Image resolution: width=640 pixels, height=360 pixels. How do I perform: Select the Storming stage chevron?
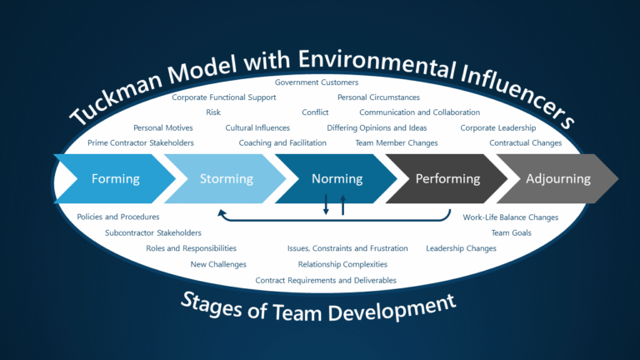(226, 178)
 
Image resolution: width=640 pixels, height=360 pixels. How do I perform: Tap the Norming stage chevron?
(337, 178)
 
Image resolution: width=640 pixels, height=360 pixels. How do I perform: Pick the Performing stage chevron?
(447, 178)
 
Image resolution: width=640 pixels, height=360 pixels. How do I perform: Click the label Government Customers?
(317, 82)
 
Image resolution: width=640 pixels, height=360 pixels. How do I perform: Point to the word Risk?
(213, 112)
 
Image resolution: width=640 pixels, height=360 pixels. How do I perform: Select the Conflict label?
(316, 112)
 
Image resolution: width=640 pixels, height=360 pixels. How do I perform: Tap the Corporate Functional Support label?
(223, 97)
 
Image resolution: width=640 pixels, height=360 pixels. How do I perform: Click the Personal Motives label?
(163, 127)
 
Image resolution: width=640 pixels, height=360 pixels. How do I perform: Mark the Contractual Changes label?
(525, 142)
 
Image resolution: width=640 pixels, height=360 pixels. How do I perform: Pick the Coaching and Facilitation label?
(282, 142)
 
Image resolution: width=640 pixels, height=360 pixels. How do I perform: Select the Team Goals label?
(511, 232)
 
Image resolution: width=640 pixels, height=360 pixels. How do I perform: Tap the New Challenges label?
(218, 264)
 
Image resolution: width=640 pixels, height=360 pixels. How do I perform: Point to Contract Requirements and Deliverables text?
(326, 280)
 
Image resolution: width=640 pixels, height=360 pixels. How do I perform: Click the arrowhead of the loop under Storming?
(222, 214)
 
